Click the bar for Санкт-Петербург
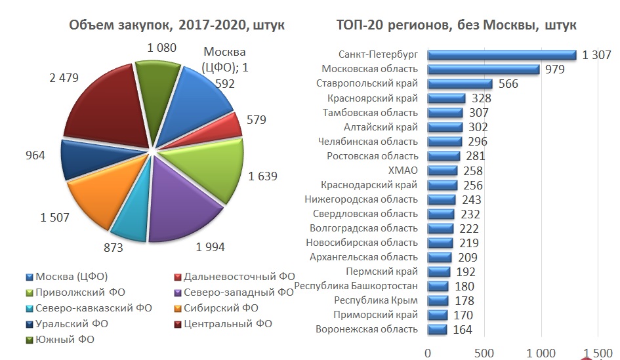coord(502,55)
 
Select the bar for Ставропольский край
coord(460,84)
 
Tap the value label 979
coord(555,70)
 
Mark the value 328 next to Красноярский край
coord(480,98)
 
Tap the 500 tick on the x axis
coord(484,353)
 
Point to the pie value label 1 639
coord(262,176)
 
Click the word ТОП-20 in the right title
coord(357,26)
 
